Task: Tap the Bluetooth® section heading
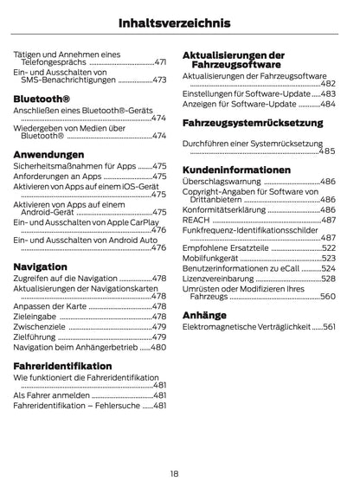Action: [42, 99]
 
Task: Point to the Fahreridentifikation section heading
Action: [62, 366]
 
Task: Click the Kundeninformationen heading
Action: [236, 170]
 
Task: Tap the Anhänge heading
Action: [204, 315]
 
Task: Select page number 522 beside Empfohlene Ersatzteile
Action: [328, 247]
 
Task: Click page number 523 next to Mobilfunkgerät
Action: [328, 258]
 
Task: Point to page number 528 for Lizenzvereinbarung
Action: [328, 279]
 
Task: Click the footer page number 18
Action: [175, 473]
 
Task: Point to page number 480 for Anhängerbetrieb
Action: [158, 347]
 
